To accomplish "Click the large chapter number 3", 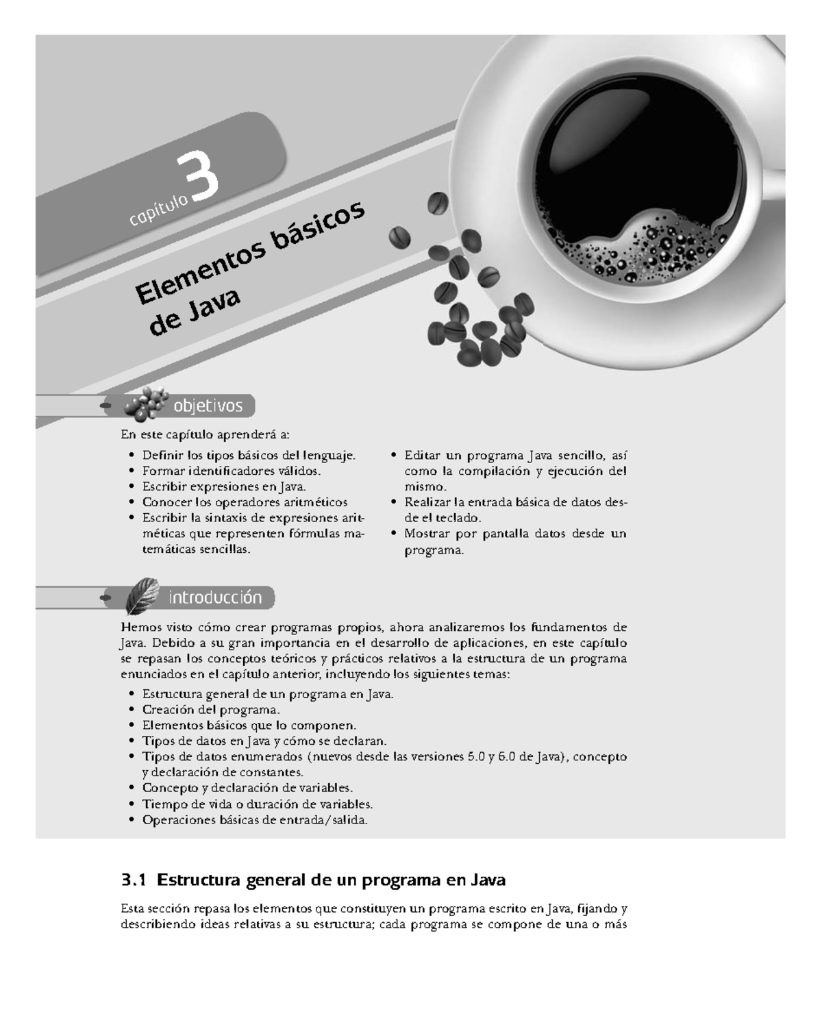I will pos(199,180).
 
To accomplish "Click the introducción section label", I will pos(215,597).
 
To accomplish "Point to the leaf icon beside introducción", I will pos(142,595).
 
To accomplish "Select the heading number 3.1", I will pos(134,879).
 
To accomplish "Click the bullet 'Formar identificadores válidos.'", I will pos(231,471).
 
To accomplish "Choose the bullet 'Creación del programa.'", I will pos(211,709).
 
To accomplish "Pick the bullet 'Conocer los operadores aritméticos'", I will pos(245,502).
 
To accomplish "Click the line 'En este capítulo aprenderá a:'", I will pos(205,434).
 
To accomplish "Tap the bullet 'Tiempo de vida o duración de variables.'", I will pos(257,804).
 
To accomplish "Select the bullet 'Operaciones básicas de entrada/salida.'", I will pos(255,819).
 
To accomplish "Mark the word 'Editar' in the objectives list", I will pos(421,455).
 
